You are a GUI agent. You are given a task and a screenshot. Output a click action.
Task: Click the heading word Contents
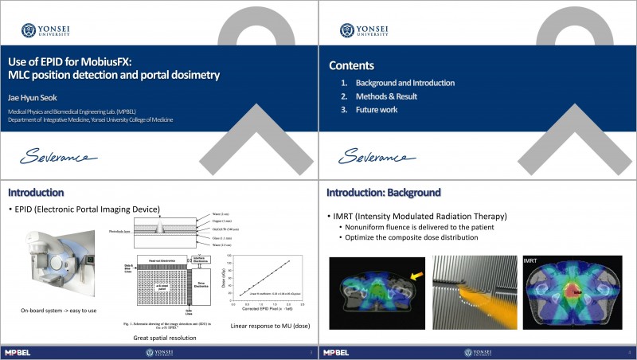[x=351, y=65]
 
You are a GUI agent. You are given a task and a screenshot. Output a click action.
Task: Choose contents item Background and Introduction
[x=404, y=83]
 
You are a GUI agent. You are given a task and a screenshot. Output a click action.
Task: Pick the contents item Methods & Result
[x=386, y=96]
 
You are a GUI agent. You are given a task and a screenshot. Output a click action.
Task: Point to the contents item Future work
[x=377, y=110]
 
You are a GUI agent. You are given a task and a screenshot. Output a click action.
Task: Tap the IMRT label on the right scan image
[x=531, y=261]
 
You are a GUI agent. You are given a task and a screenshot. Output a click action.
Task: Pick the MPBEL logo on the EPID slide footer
[x=18, y=352]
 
